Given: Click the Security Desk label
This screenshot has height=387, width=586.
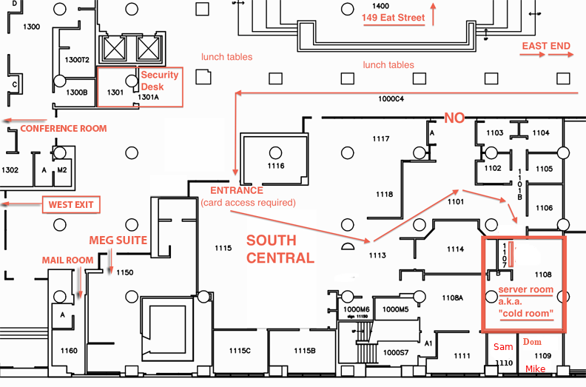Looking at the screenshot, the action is coord(159,81).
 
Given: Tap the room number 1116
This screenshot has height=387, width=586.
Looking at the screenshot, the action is coord(276,166).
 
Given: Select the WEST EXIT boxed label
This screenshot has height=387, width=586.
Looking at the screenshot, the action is coord(71,204).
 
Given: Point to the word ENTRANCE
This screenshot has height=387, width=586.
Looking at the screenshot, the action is coord(237,190).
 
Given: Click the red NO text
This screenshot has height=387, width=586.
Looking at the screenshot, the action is coord(454,118).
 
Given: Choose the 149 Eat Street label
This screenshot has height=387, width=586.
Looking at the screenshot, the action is coord(393,18).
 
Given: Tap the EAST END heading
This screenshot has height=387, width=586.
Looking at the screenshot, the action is coord(546,46).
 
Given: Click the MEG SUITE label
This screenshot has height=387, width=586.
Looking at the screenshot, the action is coord(118,240).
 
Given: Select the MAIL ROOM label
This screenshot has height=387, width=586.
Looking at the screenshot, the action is coord(67,260).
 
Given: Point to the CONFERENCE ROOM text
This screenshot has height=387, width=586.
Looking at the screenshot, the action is coord(64,129).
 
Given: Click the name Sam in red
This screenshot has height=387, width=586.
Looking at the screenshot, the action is coord(503,347).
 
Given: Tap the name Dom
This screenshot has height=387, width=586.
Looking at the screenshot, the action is coord(532,342).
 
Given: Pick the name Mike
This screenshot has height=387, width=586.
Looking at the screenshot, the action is coord(535,369).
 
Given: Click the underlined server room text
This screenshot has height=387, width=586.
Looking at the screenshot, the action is coord(525,290).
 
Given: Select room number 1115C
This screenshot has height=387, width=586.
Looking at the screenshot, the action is coord(240,351).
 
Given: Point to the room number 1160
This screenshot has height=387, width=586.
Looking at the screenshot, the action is coord(69,351).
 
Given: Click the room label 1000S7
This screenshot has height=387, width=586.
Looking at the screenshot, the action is coord(396,353).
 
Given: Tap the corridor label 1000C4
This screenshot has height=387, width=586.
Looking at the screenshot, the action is coord(391,99).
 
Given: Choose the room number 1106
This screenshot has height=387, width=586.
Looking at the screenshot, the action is coord(544,208).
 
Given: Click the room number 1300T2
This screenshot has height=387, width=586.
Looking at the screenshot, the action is coord(77,60).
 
